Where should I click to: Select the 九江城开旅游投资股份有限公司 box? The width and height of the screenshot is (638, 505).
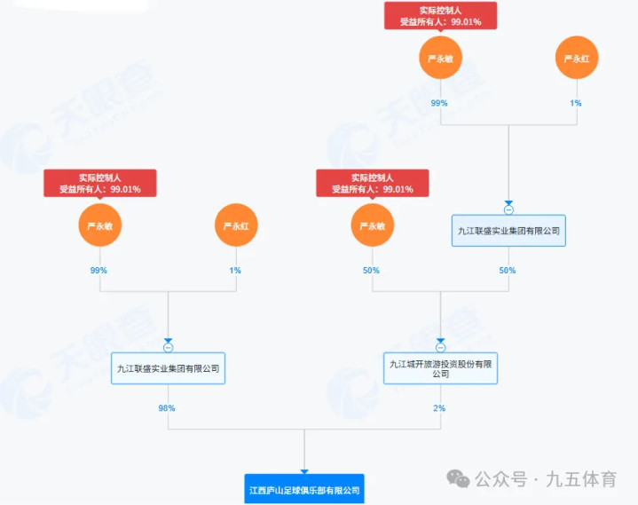(441, 368)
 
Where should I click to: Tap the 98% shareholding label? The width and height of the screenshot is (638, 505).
(167, 408)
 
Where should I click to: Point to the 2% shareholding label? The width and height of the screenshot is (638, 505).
(439, 408)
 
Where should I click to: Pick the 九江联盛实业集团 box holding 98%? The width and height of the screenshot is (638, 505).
(168, 367)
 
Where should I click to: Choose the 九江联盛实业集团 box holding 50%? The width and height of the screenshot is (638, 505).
(508, 230)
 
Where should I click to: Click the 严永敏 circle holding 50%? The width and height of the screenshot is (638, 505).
(372, 226)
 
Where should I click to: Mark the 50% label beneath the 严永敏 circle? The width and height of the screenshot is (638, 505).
(371, 270)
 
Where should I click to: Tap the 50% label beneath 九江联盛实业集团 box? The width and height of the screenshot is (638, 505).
(508, 270)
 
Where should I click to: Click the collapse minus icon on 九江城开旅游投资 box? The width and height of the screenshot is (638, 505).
(441, 347)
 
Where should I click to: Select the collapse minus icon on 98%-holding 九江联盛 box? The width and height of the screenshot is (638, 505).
(168, 347)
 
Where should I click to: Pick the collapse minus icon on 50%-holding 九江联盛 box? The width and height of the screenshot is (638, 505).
(508, 210)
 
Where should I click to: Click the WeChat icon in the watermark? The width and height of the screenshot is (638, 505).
(459, 479)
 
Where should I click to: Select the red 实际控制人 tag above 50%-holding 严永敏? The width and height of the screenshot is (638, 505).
(373, 183)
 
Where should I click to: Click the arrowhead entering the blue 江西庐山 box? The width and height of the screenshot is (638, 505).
(304, 471)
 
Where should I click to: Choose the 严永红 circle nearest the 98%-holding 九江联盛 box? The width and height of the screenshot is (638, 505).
(235, 226)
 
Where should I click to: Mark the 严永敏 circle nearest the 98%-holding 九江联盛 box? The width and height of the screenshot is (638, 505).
(99, 226)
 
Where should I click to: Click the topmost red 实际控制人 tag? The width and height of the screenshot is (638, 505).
(440, 15)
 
